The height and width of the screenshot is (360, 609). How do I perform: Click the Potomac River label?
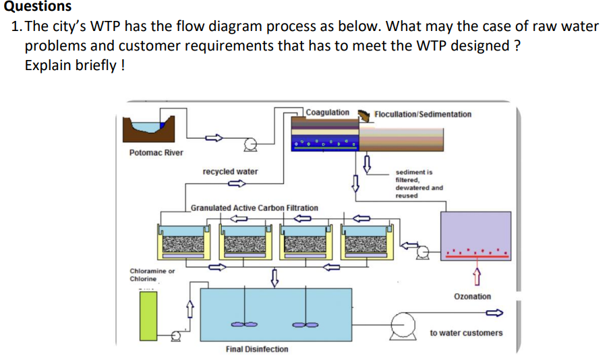pos(156,152)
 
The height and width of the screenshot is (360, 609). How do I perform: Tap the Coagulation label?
pos(327,113)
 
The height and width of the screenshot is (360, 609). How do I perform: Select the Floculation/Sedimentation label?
pos(422,114)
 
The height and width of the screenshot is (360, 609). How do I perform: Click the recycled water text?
pos(230,172)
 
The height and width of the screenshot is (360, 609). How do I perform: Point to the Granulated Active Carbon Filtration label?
pos(254,208)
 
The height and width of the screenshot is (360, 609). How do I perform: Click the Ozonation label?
pos(472,297)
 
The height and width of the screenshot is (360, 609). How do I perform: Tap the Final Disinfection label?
pos(256,349)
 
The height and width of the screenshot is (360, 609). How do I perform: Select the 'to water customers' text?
pos(466,333)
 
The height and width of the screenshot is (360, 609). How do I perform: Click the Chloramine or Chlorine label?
pos(152,274)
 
